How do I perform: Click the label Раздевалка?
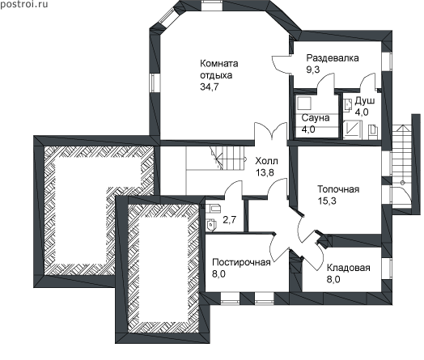pos(333,58)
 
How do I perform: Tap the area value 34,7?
pos(210,87)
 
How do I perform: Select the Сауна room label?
pos(316,118)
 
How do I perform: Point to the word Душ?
pos(364,100)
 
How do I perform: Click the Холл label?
pos(266,161)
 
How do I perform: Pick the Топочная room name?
pos(338,189)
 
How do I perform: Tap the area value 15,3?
pos(327,201)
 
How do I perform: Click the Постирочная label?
pos(241,262)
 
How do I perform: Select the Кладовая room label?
pos(348,268)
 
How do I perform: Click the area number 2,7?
pos(229,220)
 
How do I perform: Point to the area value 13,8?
pos(265,172)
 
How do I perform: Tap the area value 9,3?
pos(313,70)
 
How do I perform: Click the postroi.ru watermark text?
pos(23,5)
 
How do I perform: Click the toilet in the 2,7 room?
pos(211,225)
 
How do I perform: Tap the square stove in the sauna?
pos(304,103)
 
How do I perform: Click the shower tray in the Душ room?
pos(352,129)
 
